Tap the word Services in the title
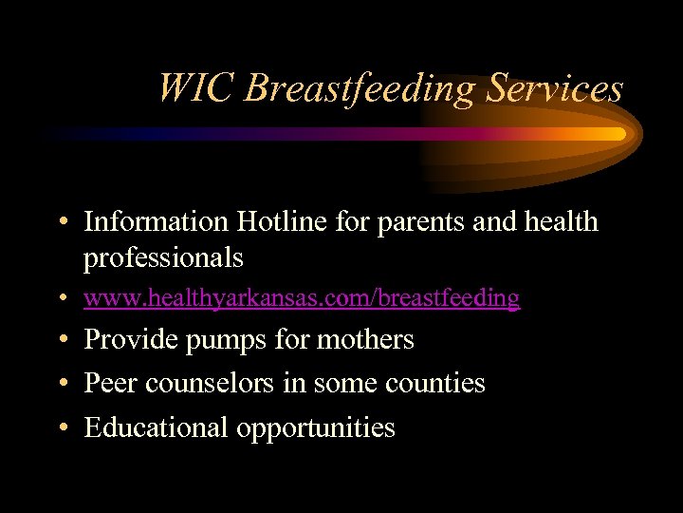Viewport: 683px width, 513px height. pyautogui.click(x=555, y=88)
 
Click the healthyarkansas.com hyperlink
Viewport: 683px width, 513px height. pyautogui.click(x=302, y=298)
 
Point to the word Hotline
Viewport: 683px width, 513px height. pyautogui.click(x=270, y=222)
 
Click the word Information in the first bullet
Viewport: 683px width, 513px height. pyautogui.click(x=156, y=222)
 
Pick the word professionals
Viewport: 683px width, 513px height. pyautogui.click(x=163, y=257)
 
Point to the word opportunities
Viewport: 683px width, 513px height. pyautogui.click(x=316, y=427)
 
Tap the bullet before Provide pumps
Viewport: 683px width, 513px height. pyautogui.click(x=61, y=340)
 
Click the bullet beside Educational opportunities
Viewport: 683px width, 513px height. pyautogui.click(x=61, y=428)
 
